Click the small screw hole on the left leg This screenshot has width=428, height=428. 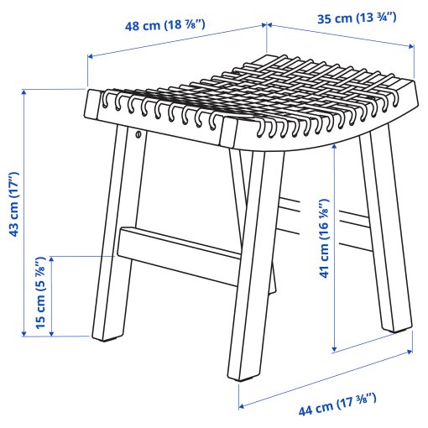click(138, 133)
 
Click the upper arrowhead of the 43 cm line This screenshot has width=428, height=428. click(24, 91)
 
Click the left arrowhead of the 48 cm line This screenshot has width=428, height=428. click(89, 58)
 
